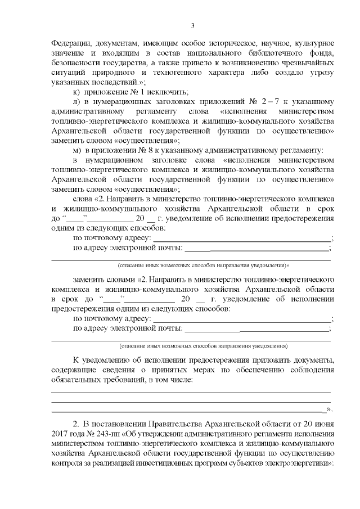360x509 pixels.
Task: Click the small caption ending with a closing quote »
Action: click(203, 264)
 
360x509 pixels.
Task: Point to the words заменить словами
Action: click(104, 280)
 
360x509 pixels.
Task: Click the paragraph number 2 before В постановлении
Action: click(76, 422)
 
